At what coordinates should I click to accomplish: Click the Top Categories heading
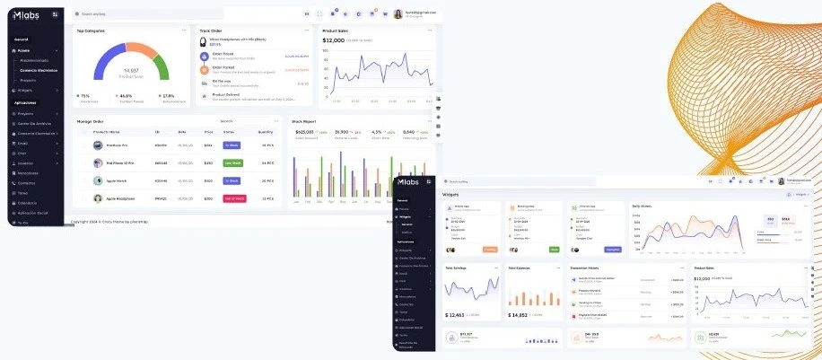pos(92,31)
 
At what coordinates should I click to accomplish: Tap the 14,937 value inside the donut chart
pos(132,70)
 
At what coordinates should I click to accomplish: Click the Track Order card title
pos(211,31)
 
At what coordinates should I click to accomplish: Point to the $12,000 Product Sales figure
pos(334,40)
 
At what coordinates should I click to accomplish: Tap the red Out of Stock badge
pos(233,198)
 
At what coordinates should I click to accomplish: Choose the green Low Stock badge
pos(232,162)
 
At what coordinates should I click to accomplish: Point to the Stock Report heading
pos(304,121)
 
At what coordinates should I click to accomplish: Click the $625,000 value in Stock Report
pos(304,131)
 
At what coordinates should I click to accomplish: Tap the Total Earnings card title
pos(457,268)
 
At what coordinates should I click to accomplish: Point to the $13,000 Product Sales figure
pos(706,278)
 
